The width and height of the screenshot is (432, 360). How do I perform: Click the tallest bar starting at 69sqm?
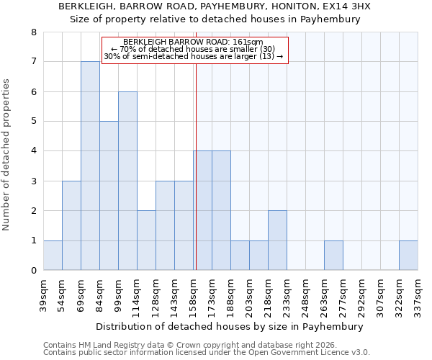pyautogui.click(x=90, y=166)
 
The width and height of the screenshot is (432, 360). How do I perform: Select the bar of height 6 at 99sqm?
pyautogui.click(x=127, y=181)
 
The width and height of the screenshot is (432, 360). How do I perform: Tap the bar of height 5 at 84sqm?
pyautogui.click(x=109, y=196)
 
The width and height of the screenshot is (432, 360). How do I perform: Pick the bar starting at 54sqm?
pyautogui.click(x=71, y=225)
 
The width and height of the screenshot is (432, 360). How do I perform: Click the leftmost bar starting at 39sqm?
pyautogui.click(x=53, y=256)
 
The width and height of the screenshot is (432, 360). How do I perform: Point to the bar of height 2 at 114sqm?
pyautogui.click(x=146, y=240)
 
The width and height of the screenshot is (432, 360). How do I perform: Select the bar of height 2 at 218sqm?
pyautogui.click(x=277, y=240)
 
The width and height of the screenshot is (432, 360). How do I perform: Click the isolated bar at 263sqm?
pyautogui.click(x=333, y=256)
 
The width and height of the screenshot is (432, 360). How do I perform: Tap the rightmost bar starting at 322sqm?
pyautogui.click(x=408, y=256)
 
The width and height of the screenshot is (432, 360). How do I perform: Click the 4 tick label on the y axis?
pyautogui.click(x=33, y=151)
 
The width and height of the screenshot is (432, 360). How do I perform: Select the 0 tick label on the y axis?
pyautogui.click(x=33, y=271)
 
